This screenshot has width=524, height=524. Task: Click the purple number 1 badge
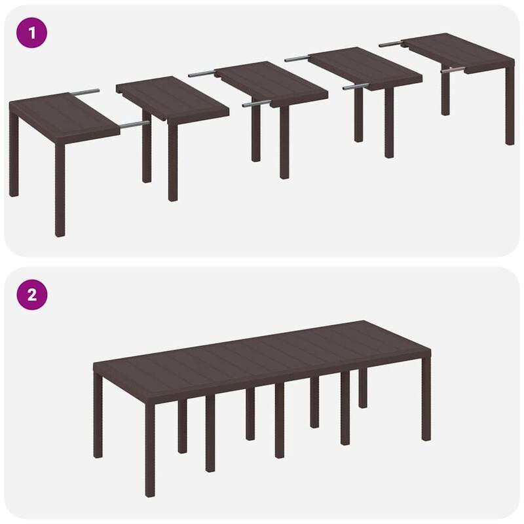[31, 31]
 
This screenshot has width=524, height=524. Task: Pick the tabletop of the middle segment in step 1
[272, 83]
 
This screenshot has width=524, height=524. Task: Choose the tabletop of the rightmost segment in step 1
[458, 52]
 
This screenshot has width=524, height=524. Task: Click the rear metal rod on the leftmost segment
[86, 92]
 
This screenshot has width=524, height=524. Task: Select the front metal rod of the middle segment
[255, 103]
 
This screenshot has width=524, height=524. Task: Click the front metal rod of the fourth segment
[354, 86]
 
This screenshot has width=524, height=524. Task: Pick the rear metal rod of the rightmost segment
[390, 44]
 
